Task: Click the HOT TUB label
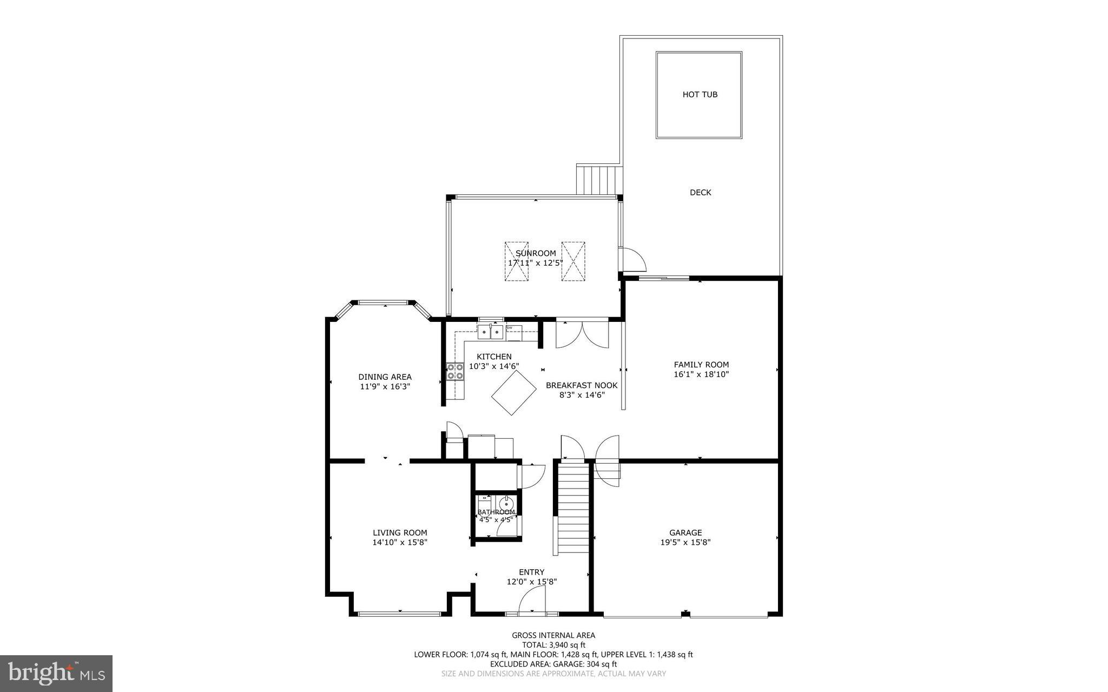point(700,95)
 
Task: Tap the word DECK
point(700,193)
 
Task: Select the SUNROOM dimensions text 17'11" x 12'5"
point(535,263)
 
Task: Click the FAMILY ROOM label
point(701,365)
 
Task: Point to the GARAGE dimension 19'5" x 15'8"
point(685,542)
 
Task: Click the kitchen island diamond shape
point(513,393)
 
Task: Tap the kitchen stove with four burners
point(455,371)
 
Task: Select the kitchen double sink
point(490,331)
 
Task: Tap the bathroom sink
point(507,503)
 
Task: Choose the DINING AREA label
point(385,377)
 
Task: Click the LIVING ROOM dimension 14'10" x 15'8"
point(400,542)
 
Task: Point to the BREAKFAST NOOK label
point(581,385)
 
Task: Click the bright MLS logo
point(56,673)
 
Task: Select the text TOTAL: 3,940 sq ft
point(553,645)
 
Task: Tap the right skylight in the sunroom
point(573,261)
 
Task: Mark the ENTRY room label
point(531,572)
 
